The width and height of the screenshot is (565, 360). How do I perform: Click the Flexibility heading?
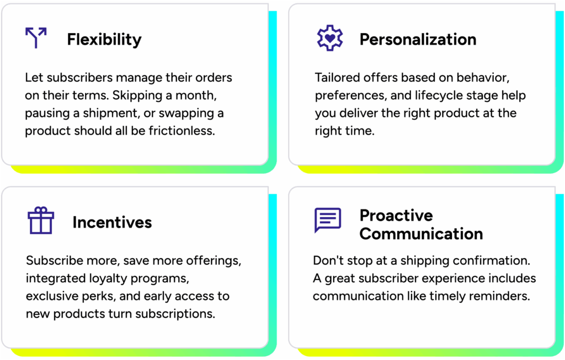tap(104, 40)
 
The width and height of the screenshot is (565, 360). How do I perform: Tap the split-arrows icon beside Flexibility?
tap(36, 37)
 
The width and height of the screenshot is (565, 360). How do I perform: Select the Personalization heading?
tap(418, 39)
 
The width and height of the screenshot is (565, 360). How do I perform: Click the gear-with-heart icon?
tap(330, 38)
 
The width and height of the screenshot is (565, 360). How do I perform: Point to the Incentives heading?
tap(112, 222)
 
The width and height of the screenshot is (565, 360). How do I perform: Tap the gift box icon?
tap(41, 221)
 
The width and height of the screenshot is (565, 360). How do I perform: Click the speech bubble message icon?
tap(328, 219)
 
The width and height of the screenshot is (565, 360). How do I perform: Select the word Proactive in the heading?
tap(396, 215)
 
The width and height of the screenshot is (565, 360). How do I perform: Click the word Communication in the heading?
tap(421, 234)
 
